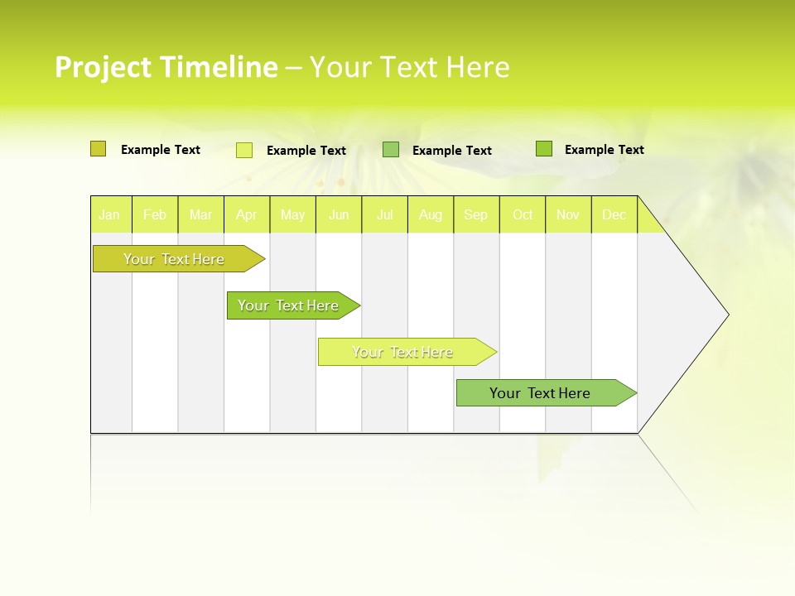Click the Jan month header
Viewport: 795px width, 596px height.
(109, 214)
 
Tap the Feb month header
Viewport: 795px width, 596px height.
(155, 214)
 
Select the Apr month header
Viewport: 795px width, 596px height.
(246, 214)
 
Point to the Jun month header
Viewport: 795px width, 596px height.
(339, 214)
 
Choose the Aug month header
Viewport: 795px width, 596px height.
(430, 214)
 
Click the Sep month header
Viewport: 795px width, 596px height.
(475, 214)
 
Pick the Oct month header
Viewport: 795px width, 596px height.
(523, 214)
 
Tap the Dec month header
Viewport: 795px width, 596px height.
(614, 214)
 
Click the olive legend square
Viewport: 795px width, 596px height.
(98, 149)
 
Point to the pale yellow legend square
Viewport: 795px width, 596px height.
(243, 150)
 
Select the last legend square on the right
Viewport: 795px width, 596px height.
(543, 149)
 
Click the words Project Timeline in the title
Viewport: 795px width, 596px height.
(166, 67)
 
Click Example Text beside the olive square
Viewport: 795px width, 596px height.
(161, 150)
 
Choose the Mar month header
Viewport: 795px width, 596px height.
(200, 214)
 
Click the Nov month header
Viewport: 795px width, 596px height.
(568, 214)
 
